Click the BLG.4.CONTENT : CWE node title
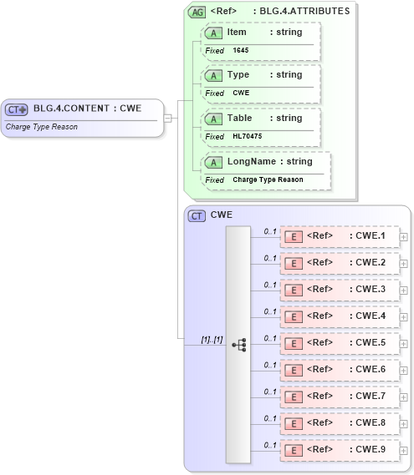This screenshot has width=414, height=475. click(87, 109)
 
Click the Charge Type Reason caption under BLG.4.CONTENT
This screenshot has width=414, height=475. click(41, 127)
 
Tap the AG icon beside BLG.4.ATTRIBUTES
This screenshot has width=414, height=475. click(197, 12)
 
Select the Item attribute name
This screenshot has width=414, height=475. click(237, 31)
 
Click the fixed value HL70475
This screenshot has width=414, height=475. click(248, 136)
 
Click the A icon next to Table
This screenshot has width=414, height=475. click(214, 119)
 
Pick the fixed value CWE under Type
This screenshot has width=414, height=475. click(241, 93)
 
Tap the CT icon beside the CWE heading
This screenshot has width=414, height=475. click(197, 215)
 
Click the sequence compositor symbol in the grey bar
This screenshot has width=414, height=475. click(238, 343)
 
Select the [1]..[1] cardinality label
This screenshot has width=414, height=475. click(212, 340)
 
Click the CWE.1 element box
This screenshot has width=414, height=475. click(339, 236)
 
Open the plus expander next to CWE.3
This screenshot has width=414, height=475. click(404, 290)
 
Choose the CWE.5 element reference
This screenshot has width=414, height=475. click(339, 343)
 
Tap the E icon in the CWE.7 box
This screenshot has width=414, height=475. click(294, 397)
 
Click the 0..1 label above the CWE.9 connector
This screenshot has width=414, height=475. click(270, 445)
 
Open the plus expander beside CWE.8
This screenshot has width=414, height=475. click(404, 423)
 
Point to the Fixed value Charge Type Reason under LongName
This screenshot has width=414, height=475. click(268, 179)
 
